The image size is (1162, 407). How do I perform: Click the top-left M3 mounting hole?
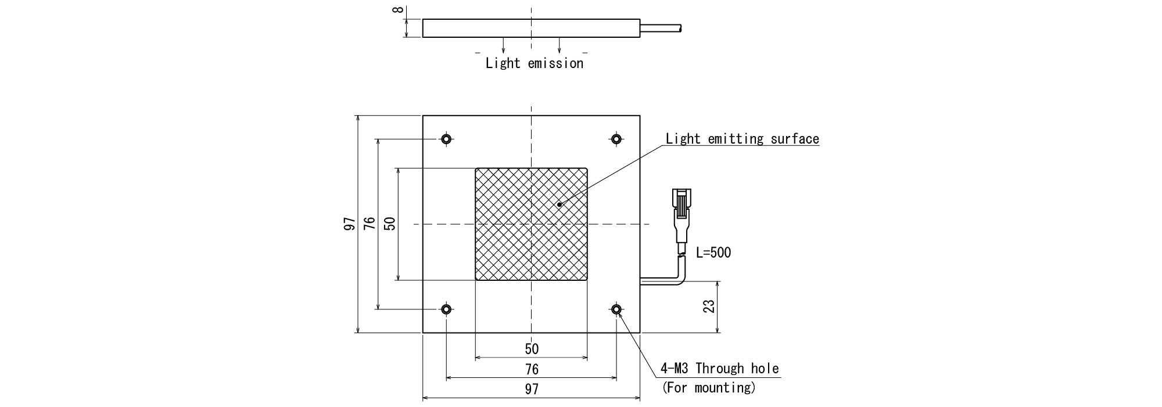pos(446,139)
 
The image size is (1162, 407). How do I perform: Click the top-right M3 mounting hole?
pos(616,139)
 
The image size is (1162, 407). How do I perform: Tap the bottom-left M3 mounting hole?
pos(446,309)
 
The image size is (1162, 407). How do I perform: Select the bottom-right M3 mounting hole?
pos(616,309)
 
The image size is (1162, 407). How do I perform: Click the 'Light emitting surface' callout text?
pos(742,139)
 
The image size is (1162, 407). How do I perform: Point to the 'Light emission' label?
pos(534,63)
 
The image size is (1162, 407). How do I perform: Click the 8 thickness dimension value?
pos(399,9)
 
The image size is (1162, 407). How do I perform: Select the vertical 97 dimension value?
pos(349,224)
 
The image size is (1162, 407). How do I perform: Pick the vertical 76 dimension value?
pos(370,224)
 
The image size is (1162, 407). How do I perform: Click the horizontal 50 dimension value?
pos(532,349)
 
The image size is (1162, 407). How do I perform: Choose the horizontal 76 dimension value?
pos(532,369)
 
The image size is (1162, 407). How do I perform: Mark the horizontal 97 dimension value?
pos(532,390)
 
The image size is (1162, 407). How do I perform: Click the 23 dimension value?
pos(709,306)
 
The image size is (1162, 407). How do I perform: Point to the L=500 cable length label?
pos(713,252)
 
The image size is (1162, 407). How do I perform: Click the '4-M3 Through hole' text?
pos(719,368)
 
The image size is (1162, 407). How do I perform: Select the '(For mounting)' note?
pos(709,387)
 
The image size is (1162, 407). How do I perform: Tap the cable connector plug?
pos(682,212)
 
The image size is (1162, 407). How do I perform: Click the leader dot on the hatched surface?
pos(559,204)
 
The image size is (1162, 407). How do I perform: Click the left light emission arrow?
pos(503,47)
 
